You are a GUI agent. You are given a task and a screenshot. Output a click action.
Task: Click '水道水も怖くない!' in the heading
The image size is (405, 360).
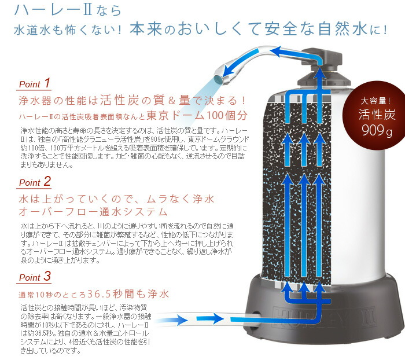tap(69, 30)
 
